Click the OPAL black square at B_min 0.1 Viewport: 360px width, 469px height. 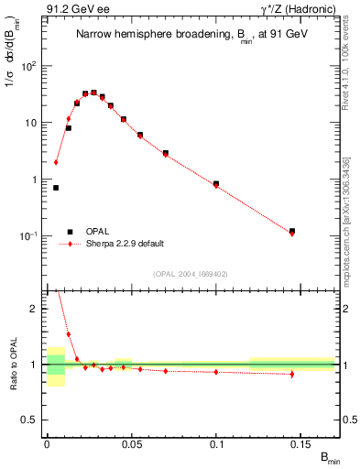[x=216, y=184]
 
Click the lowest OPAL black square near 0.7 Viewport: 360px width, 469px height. [x=56, y=188]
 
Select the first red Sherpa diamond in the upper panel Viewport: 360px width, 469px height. [x=56, y=162]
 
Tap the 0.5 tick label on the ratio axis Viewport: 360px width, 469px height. [x=33, y=420]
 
